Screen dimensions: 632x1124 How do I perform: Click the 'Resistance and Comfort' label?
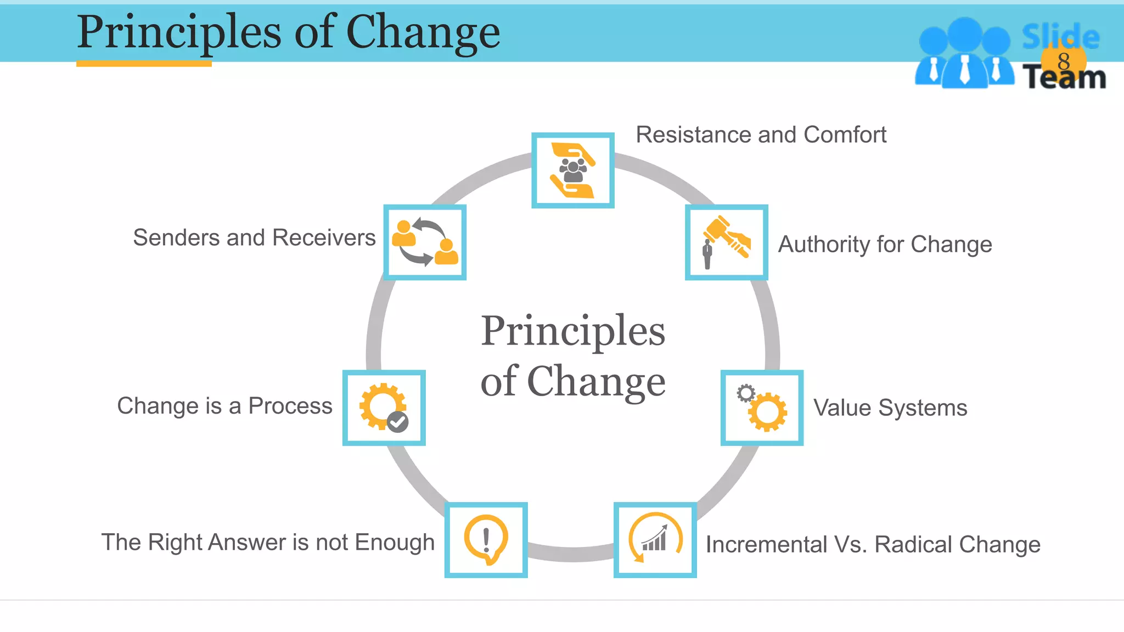point(761,135)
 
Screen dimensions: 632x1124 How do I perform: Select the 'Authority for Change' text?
point(885,245)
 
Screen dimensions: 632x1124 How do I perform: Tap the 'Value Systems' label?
point(890,408)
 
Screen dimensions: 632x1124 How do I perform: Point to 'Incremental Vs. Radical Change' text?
point(873,545)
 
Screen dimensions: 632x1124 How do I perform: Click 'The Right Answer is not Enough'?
point(268,543)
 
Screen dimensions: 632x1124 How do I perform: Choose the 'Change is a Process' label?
point(224,407)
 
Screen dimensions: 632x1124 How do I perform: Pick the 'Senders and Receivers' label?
point(254,238)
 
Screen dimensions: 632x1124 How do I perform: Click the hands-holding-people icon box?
point(573,171)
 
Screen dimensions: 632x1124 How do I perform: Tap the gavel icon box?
point(727,242)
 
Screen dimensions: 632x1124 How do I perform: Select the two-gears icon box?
point(762,408)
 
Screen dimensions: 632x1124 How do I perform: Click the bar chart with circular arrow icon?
point(655,540)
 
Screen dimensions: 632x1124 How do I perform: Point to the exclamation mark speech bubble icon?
point(486,540)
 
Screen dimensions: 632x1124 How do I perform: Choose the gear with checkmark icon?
point(384,408)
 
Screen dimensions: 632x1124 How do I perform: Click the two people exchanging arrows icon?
point(425,242)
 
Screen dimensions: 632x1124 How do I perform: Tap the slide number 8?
point(1064,61)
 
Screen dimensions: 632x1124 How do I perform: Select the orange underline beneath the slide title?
point(144,64)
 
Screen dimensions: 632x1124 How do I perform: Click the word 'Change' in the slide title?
point(423,33)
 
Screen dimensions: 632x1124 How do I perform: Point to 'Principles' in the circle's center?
point(573,331)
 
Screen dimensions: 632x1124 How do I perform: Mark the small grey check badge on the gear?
point(397,422)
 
